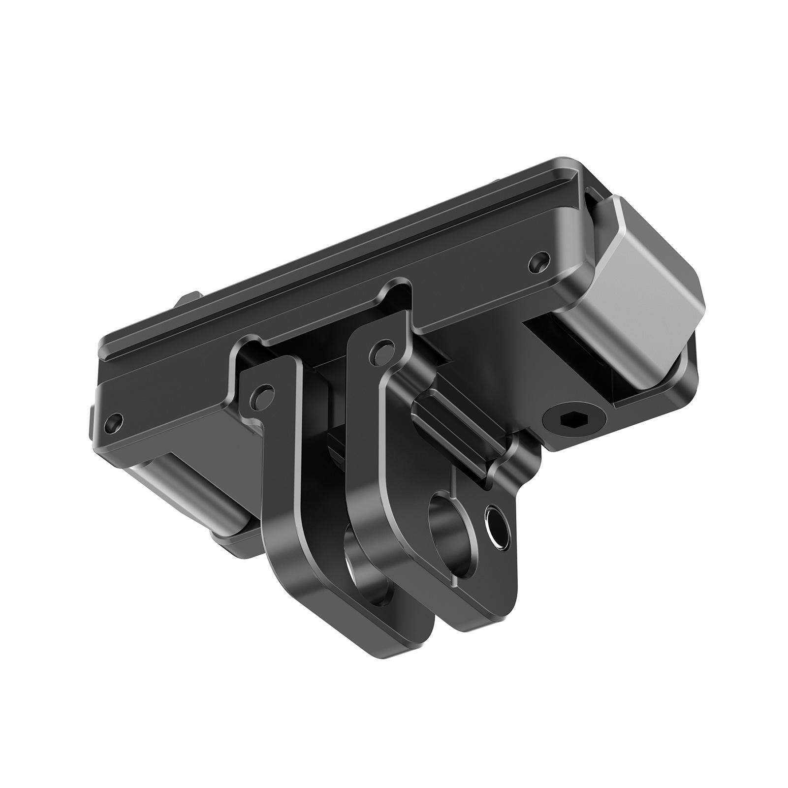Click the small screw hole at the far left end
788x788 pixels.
coord(114,422)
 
